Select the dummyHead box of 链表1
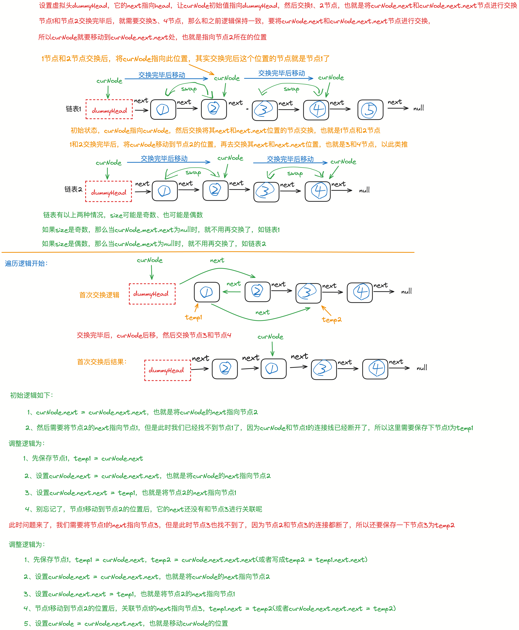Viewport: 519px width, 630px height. pos(109,110)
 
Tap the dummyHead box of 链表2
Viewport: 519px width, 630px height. pos(109,192)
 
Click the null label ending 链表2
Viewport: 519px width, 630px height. pos(364,190)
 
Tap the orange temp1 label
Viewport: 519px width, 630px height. pos(193,317)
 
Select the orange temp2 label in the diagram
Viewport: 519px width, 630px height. pos(332,320)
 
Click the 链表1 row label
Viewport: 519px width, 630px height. pos(73,109)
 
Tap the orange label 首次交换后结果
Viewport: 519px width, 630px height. pos(102,362)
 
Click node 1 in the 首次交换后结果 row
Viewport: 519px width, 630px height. pos(273,369)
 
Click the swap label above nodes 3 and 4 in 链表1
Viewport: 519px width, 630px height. pos(291,89)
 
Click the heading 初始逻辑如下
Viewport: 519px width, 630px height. pos(31,395)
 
